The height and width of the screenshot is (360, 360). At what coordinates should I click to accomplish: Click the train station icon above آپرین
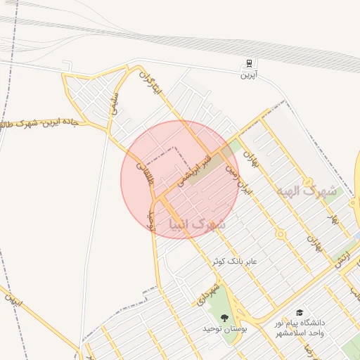tap(249, 63)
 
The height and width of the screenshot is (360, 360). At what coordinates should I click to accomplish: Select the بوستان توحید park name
tap(222, 328)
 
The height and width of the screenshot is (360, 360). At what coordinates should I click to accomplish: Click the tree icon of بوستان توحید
tap(224, 316)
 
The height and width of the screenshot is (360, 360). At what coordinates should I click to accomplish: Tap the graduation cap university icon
tap(300, 311)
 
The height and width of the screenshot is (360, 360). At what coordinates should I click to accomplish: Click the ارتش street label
tap(343, 259)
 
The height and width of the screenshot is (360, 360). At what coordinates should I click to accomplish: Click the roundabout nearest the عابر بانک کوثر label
tap(280, 233)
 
